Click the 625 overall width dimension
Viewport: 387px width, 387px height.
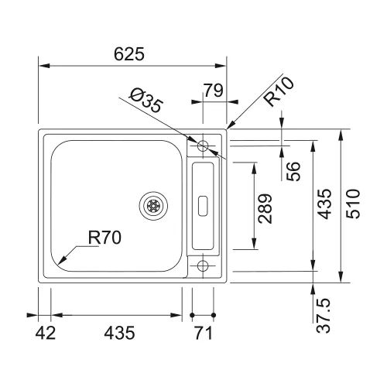129,54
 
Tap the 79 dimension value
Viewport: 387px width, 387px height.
214,91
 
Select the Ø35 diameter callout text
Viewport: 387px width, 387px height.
146,101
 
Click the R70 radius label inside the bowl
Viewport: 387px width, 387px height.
104,238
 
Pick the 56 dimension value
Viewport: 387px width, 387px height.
293,171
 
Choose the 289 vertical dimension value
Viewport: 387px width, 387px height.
265,208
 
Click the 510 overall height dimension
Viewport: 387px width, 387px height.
353,204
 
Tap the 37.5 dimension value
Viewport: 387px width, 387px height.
323,315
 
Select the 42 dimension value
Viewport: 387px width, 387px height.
46,333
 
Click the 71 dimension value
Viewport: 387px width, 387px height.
204,333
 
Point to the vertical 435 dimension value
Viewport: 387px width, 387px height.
324,204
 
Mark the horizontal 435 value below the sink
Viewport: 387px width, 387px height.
119,333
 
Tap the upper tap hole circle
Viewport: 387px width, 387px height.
203,146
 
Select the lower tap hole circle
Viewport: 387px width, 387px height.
203,265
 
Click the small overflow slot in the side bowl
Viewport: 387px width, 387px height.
203,206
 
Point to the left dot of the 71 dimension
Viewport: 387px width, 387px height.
192,315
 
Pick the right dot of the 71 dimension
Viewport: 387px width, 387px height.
214,315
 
